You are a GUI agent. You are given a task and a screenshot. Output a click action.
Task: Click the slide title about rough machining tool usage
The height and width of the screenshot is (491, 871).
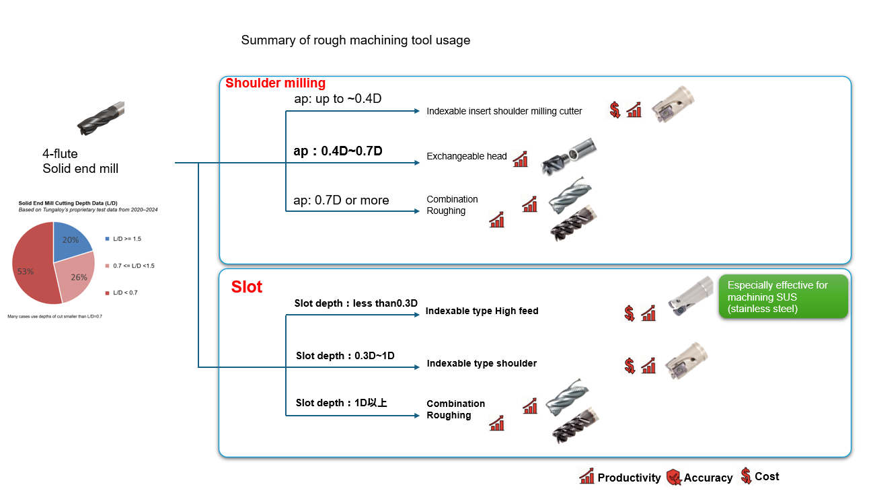(355, 40)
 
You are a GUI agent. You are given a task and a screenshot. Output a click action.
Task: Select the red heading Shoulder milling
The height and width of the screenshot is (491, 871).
(275, 83)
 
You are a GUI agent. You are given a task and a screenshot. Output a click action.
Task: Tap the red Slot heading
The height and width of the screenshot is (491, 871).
(246, 287)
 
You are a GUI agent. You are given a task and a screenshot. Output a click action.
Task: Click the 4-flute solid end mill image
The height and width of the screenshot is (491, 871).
(100, 119)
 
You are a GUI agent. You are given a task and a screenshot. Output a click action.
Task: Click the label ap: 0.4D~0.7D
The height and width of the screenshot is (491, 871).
(338, 151)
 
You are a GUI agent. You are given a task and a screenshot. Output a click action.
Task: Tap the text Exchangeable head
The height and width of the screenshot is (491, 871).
(466, 157)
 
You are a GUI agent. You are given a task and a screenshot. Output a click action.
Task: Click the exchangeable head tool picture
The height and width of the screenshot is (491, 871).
(568, 157)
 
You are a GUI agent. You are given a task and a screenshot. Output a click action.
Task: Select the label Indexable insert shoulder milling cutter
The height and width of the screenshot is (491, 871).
(504, 111)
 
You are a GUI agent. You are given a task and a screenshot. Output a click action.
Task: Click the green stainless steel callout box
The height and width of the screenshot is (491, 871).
(783, 297)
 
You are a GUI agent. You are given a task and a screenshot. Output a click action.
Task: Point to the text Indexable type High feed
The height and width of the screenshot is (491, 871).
(482, 311)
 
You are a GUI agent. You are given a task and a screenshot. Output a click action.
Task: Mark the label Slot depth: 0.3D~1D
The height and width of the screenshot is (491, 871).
(345, 355)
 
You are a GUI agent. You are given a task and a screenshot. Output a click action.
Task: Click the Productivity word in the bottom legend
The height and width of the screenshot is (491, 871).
(629, 478)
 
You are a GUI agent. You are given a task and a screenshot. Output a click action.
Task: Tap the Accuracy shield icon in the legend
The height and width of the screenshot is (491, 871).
(673, 478)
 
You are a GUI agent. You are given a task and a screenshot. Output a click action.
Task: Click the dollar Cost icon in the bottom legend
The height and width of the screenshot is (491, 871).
(746, 476)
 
